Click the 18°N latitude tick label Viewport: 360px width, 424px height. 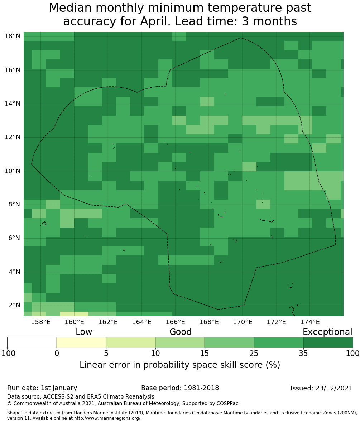pyautogui.click(x=12, y=36)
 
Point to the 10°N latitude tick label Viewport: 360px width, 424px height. pyautogui.click(x=12, y=171)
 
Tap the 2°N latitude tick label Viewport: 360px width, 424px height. pyautogui.click(x=14, y=305)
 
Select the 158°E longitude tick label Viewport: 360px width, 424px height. pyautogui.click(x=40, y=322)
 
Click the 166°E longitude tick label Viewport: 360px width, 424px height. pyautogui.click(x=175, y=322)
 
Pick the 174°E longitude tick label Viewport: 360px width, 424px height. pyautogui.click(x=310, y=322)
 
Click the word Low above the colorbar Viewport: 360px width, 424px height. pyautogui.click(x=84, y=332)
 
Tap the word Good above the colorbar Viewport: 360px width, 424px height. pyautogui.click(x=181, y=332)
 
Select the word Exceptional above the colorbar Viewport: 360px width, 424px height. pyautogui.click(x=327, y=332)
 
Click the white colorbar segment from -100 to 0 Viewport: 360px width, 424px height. pyautogui.click(x=32, y=342)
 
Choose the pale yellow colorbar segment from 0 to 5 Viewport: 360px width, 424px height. pyautogui.click(x=81, y=342)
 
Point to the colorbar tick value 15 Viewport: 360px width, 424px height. pyautogui.click(x=205, y=354)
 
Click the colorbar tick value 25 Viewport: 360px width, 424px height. pyautogui.click(x=254, y=354)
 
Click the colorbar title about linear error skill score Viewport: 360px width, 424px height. pyautogui.click(x=180, y=365)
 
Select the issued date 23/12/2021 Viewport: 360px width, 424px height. pyautogui.click(x=334, y=388)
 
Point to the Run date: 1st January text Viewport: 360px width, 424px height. pyautogui.click(x=42, y=388)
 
